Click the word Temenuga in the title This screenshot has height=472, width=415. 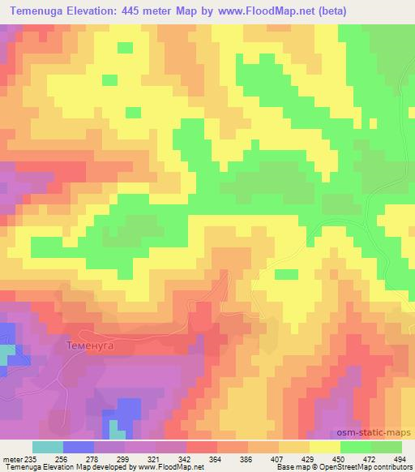[41, 11]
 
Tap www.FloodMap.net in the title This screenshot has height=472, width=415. [285, 11]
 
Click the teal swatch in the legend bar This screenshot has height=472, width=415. [48, 447]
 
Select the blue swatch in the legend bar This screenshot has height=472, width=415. [79, 447]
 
